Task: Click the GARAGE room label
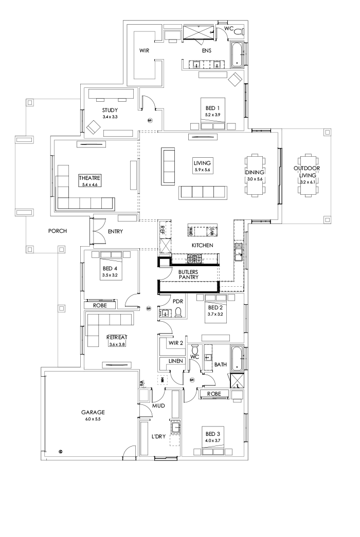click(93, 412)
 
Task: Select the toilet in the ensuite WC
click(238, 32)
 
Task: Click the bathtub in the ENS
click(237, 55)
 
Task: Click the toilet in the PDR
click(178, 312)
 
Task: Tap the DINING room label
click(255, 172)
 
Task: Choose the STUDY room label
click(110, 110)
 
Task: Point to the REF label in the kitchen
click(163, 229)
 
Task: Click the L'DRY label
click(158, 436)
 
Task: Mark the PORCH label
click(58, 231)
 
